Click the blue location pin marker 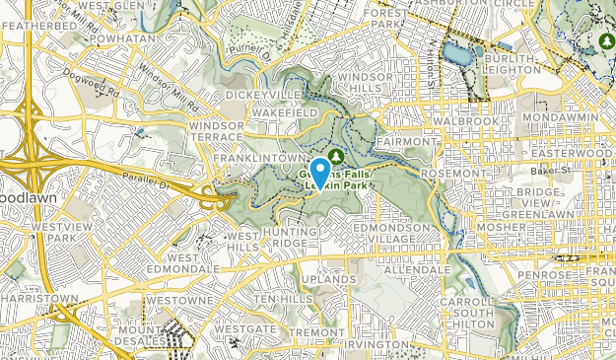pyautogui.click(x=320, y=170)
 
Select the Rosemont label pyautogui.click(x=448, y=174)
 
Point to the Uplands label pyautogui.click(x=329, y=280)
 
